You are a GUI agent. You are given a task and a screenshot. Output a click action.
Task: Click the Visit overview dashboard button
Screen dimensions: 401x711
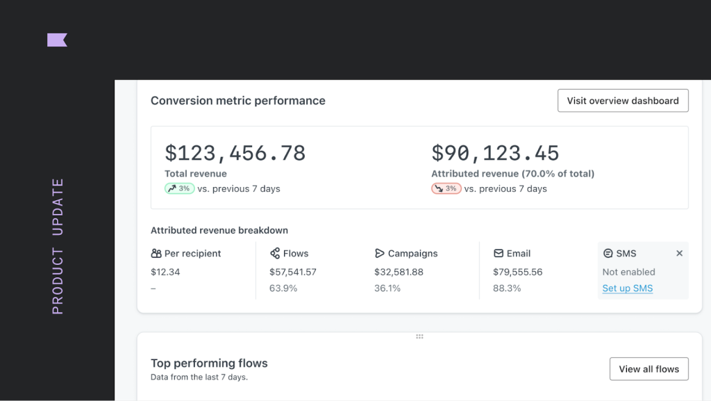tap(623, 101)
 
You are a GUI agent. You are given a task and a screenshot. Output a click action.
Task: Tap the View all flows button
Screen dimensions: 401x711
tap(649, 369)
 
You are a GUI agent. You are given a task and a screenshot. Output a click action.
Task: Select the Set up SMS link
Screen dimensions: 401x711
tap(627, 288)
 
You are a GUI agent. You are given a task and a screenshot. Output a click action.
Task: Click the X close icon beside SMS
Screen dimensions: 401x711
tap(679, 254)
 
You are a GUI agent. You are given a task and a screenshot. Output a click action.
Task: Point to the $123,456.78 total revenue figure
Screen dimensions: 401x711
tap(235, 153)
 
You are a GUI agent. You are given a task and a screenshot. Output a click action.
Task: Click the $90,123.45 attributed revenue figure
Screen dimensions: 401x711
tap(495, 153)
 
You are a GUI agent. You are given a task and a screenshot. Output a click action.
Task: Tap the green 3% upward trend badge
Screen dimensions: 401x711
tap(179, 188)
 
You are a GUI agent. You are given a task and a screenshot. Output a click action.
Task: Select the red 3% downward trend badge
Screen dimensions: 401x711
tap(446, 188)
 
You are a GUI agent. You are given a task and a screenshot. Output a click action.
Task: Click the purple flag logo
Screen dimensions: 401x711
tap(57, 40)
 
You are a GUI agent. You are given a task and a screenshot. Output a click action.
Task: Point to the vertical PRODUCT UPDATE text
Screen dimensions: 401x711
tap(58, 246)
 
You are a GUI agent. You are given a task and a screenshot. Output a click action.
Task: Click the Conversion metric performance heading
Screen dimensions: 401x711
tap(237, 101)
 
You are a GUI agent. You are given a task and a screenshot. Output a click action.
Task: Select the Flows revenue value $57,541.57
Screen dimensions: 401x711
tap(292, 272)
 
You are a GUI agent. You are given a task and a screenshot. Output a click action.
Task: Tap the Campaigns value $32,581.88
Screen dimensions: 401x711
tap(399, 272)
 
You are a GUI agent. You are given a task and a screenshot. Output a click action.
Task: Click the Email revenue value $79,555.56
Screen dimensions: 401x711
tap(517, 272)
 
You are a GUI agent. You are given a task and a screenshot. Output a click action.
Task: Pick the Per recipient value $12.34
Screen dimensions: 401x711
tap(165, 272)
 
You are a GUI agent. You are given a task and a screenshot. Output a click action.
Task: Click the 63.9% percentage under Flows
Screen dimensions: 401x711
tap(283, 288)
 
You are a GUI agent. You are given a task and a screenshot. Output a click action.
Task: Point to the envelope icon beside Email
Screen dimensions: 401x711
tap(499, 254)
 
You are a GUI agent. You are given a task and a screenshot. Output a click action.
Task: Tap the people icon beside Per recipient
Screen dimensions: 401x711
tap(156, 254)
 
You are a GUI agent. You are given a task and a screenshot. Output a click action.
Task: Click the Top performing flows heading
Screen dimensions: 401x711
tap(209, 363)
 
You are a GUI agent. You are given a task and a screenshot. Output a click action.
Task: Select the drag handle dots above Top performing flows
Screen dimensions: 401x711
tap(419, 336)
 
